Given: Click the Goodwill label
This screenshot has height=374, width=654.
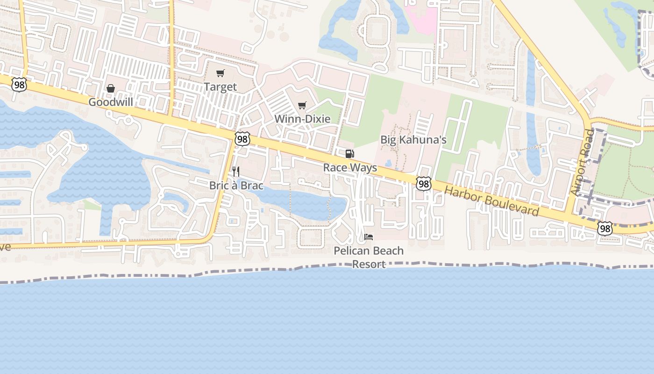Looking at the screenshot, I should click(x=111, y=102).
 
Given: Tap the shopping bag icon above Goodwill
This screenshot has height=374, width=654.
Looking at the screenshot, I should click(x=111, y=88).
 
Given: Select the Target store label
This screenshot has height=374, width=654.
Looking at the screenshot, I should click(x=220, y=87).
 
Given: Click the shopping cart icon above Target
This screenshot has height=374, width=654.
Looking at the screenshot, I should click(x=220, y=73).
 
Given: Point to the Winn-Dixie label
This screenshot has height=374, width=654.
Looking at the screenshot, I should click(x=302, y=119).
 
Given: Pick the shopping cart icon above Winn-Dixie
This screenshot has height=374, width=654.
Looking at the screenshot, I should click(x=302, y=105).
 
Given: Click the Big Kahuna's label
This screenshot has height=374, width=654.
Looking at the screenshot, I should click(x=413, y=139).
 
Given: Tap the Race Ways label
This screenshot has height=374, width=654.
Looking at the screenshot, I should click(x=350, y=167).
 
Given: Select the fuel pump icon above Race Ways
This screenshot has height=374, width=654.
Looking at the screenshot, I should click(x=349, y=154).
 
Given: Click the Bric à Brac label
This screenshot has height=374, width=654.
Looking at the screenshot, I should click(x=236, y=186).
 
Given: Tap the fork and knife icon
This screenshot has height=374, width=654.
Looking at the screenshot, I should click(x=236, y=172).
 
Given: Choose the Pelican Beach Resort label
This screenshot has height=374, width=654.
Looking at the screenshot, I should click(x=369, y=257).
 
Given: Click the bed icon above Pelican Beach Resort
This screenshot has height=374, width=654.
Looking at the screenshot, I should click(x=369, y=237).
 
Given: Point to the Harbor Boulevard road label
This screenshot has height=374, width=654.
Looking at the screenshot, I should click(x=491, y=201).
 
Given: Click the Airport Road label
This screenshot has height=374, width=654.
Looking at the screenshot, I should click(x=582, y=163).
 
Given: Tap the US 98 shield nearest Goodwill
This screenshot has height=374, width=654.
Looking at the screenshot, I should click(x=19, y=85).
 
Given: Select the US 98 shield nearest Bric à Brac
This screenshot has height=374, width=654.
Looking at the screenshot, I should click(x=242, y=139).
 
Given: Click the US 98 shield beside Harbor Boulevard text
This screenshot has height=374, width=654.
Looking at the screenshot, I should click(x=424, y=184).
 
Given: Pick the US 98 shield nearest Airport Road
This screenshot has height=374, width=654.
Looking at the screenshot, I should click(x=605, y=228).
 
